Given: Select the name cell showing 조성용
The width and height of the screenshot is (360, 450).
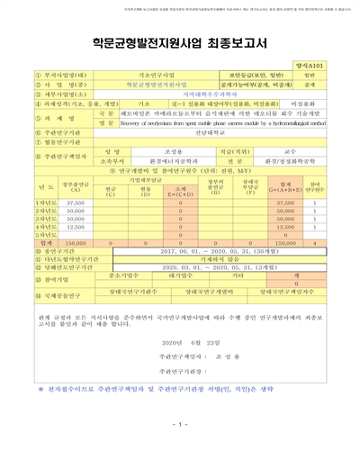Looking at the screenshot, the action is pyautogui.click(x=148, y=153).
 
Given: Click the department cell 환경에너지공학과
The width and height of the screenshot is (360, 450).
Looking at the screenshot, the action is pyautogui.click(x=148, y=162).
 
